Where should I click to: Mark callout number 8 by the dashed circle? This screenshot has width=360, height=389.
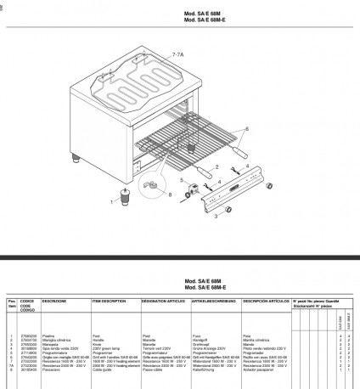pos(171,195)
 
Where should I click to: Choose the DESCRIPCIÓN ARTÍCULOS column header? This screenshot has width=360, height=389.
pos(262,301)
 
